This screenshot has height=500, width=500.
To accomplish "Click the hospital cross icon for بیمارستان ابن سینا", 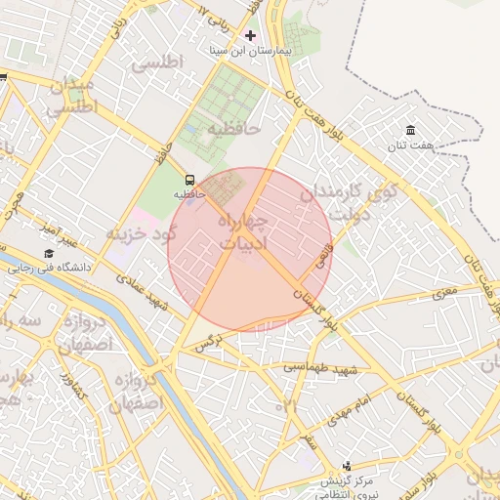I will pos(250,35).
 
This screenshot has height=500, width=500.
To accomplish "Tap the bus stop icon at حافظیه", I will pos(189,180).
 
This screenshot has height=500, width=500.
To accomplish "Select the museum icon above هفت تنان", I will pos(409,131).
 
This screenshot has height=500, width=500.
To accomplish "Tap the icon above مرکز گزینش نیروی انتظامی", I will pos(346,467).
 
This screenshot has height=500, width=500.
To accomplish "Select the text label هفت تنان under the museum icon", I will pos(409,146).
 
